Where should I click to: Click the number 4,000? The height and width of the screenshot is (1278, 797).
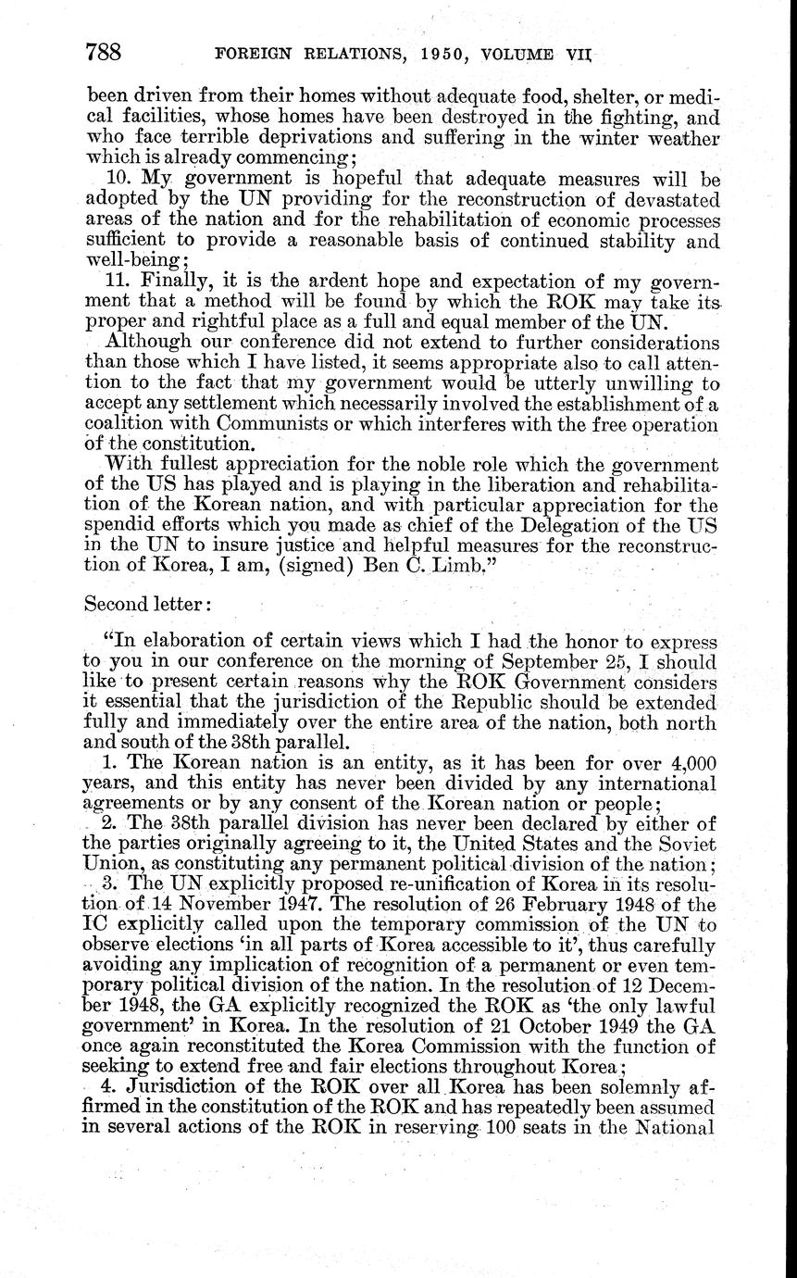(x=687, y=762)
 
